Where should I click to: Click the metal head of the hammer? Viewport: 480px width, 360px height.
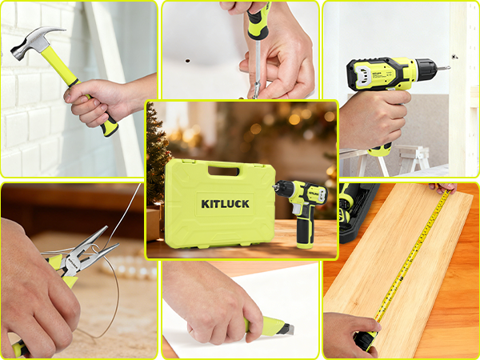pyautogui.click(x=28, y=44)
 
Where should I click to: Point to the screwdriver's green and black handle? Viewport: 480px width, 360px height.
pyautogui.click(x=258, y=20)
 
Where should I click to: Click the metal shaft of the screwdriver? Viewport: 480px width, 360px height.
pyautogui.click(x=254, y=68)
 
